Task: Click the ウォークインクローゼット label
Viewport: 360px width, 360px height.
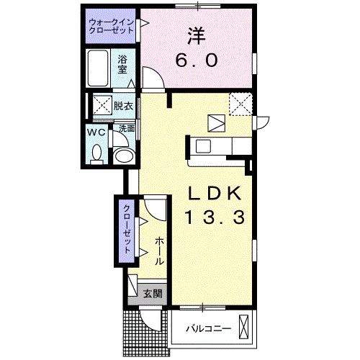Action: pyautogui.click(x=111, y=27)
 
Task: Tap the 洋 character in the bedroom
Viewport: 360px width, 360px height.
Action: pyautogui.click(x=197, y=36)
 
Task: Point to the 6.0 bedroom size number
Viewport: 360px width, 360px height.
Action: pyautogui.click(x=197, y=60)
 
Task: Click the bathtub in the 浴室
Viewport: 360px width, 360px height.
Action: pyautogui.click(x=98, y=68)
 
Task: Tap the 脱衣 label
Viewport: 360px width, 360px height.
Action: pyautogui.click(x=123, y=106)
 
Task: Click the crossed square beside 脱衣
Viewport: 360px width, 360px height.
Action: pyautogui.click(x=102, y=105)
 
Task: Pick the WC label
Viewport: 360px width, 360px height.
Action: pyautogui.click(x=96, y=132)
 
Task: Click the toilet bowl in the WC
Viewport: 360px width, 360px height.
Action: pyautogui.click(x=97, y=153)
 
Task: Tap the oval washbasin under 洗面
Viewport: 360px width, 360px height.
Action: pyautogui.click(x=124, y=156)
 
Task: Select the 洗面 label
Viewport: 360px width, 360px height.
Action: pyautogui.click(x=127, y=128)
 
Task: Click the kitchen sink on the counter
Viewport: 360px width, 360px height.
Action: pyautogui.click(x=203, y=146)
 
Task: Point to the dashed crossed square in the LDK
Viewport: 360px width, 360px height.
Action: pyautogui.click(x=240, y=104)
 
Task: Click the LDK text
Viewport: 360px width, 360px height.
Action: pyautogui.click(x=215, y=194)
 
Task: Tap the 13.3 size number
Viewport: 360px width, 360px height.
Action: pyautogui.click(x=215, y=217)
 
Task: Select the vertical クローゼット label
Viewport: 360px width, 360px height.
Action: pyautogui.click(x=127, y=229)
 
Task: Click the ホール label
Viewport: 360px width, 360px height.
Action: pyautogui.click(x=159, y=251)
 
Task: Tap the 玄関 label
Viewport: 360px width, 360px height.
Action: pyautogui.click(x=153, y=294)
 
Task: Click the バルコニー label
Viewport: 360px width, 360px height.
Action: pyautogui.click(x=209, y=328)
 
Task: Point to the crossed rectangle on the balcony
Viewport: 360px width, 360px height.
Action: pyautogui.click(x=244, y=326)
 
